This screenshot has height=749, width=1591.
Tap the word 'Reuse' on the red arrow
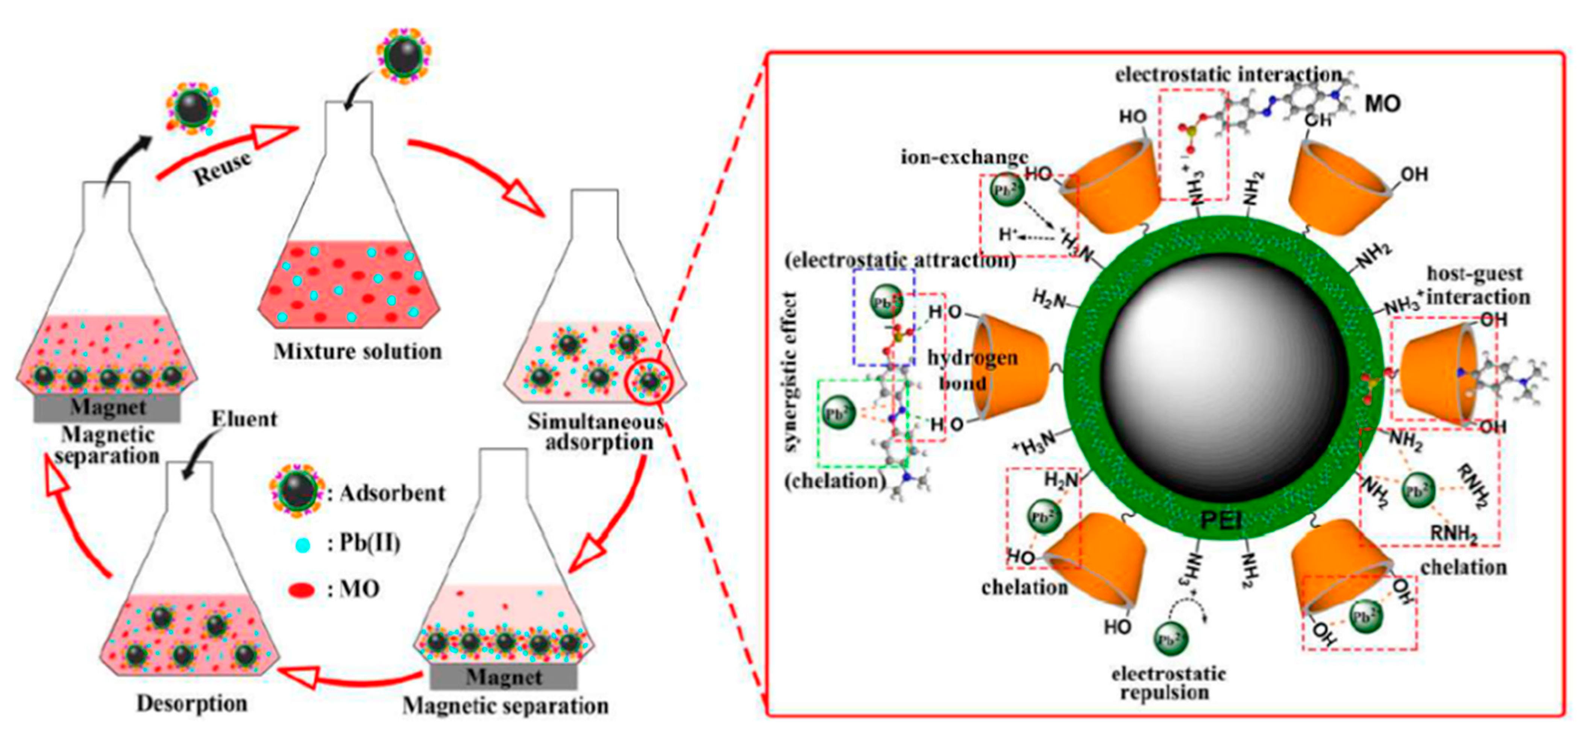222,168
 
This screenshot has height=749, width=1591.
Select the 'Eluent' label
244,419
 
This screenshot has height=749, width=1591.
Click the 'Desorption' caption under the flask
192,703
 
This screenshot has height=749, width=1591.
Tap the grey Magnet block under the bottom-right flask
504,677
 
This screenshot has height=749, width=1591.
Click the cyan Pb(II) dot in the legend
303,545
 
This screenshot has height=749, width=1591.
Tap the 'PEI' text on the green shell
1221,521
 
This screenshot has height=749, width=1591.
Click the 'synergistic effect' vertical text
790,371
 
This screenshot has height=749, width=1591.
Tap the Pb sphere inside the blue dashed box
886,302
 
